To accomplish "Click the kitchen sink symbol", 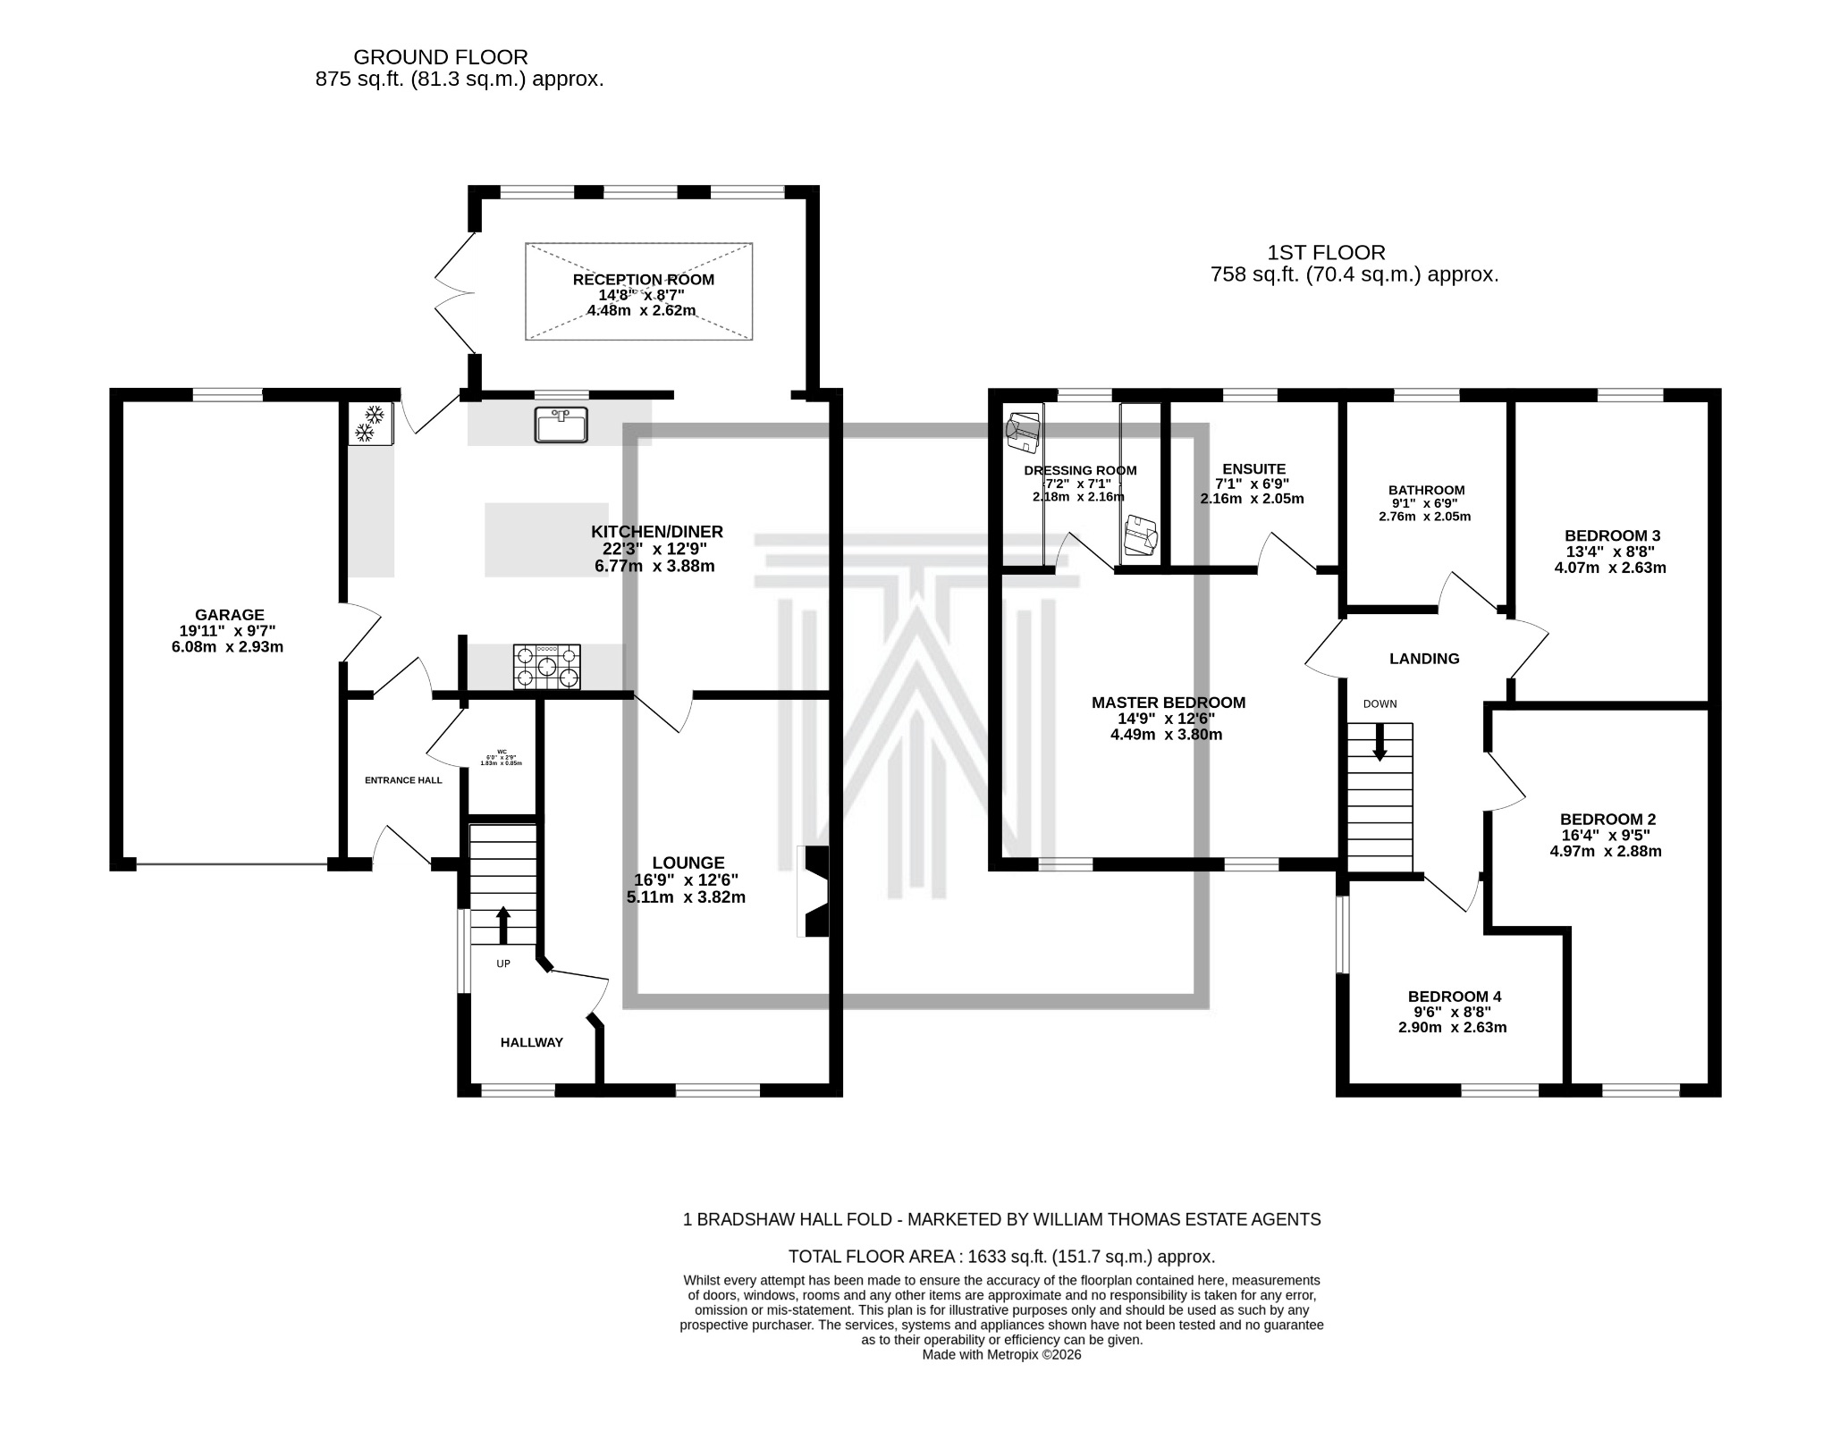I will pyautogui.click(x=561, y=424).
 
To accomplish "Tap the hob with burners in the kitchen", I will pyautogui.click(x=546, y=667).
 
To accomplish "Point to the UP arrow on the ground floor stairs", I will pyautogui.click(x=502, y=925).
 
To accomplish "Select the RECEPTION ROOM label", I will pyautogui.click(x=643, y=280).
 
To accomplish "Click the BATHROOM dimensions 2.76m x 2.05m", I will pyautogui.click(x=1424, y=517).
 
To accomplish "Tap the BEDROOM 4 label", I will pyautogui.click(x=1454, y=997).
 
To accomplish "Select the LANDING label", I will pyautogui.click(x=1424, y=659).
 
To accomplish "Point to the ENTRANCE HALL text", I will pyautogui.click(x=403, y=780).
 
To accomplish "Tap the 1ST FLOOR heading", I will pyautogui.click(x=1326, y=253).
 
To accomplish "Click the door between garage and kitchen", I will pyautogui.click(x=362, y=630).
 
